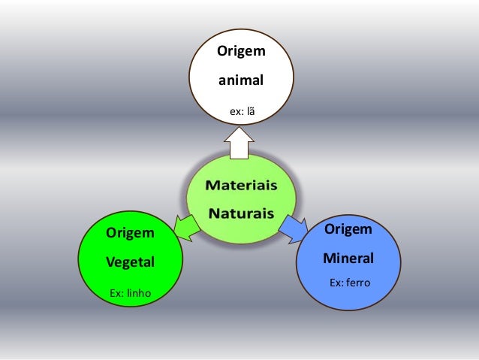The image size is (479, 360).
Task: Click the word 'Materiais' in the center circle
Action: click(x=241, y=185)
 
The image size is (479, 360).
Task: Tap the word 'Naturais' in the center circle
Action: click(x=241, y=213)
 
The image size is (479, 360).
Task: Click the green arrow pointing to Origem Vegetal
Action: click(x=186, y=228)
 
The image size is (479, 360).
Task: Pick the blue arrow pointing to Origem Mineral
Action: click(x=294, y=228)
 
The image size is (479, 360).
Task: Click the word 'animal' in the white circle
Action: click(x=240, y=78)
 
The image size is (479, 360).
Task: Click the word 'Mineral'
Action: click(x=348, y=258)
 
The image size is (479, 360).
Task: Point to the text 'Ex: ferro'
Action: click(x=351, y=283)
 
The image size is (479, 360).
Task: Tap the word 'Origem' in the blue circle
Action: click(x=348, y=228)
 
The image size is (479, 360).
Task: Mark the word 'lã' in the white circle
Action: click(x=250, y=111)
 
